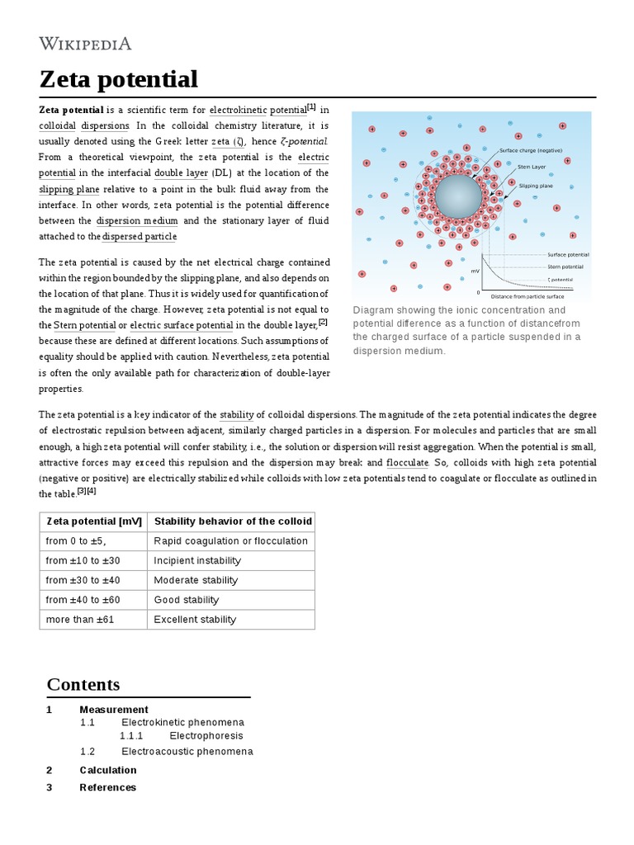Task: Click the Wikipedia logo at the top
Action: coord(86,44)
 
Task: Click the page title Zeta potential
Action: coord(119,80)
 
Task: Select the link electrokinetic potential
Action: coord(258,110)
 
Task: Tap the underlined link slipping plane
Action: coord(69,189)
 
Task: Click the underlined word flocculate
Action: coord(407,463)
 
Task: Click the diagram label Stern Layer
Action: coord(532,167)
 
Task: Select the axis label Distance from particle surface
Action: coord(529,295)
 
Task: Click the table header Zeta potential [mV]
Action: coord(94,522)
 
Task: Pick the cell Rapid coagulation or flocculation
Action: coord(230,541)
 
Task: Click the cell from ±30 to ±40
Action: coord(83,580)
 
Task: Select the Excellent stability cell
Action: coord(195,620)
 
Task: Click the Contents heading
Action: coord(83,684)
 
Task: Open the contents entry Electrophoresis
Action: coord(206,735)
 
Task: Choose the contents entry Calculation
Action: coord(108,770)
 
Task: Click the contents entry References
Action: coord(108,787)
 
